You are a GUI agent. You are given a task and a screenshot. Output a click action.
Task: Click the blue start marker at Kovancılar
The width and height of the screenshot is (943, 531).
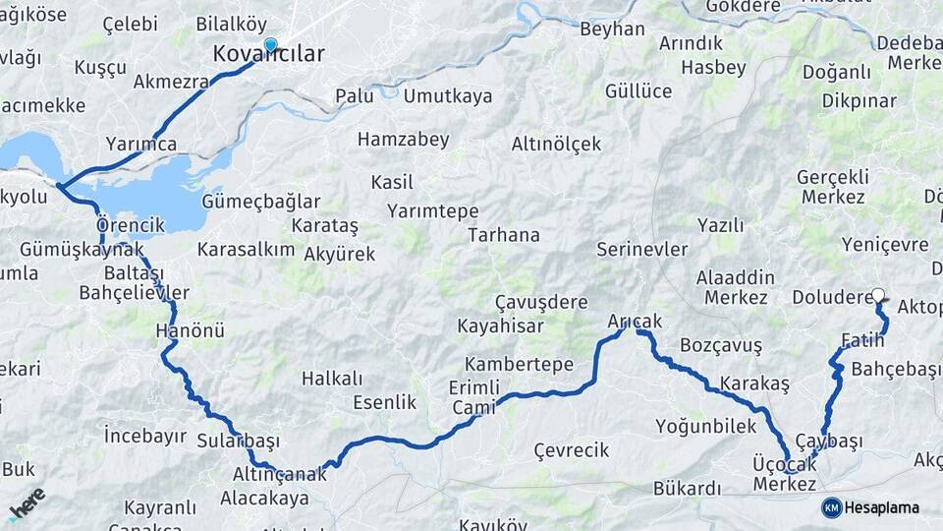pyautogui.click(x=270, y=44)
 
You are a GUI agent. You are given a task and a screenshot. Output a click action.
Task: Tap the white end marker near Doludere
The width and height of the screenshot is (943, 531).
pyautogui.click(x=878, y=294)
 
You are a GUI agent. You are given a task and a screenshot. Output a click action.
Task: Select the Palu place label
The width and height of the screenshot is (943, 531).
pyautogui.click(x=355, y=96)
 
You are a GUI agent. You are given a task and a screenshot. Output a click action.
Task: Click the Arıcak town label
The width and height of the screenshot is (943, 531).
pyautogui.click(x=635, y=322)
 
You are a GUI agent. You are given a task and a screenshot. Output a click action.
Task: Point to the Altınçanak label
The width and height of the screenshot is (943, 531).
pyautogui.click(x=278, y=473)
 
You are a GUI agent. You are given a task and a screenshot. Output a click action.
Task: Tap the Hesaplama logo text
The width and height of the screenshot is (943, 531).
pyautogui.click(x=882, y=507)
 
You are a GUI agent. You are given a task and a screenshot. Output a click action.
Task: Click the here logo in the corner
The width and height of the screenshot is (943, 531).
pyautogui.click(x=27, y=503)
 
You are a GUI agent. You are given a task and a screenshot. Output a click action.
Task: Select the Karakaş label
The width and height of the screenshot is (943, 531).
pyautogui.click(x=754, y=383)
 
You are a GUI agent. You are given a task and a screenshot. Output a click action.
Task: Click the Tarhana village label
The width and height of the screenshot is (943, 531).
pyautogui.click(x=504, y=235)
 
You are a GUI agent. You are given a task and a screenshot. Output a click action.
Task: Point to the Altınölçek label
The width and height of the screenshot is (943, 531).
pyautogui.click(x=556, y=144)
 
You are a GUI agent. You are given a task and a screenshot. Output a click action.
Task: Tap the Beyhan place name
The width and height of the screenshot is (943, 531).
pyautogui.click(x=612, y=29)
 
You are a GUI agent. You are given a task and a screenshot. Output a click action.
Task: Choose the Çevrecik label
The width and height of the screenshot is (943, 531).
pyautogui.click(x=572, y=450)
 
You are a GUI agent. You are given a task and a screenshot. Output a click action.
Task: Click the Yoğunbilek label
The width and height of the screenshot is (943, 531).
pyautogui.click(x=706, y=426)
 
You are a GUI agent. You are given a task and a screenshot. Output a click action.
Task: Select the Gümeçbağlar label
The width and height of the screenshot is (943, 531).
pyautogui.click(x=260, y=202)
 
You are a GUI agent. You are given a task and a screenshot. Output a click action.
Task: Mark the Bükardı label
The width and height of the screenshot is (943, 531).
pyautogui.click(x=687, y=489)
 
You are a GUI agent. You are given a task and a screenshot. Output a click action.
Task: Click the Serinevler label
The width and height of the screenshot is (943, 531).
pyautogui.click(x=642, y=250)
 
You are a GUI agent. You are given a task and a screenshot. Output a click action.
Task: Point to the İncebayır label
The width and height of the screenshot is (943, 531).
pyautogui.click(x=145, y=434)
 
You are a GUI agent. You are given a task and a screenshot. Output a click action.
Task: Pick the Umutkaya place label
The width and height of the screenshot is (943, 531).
pyautogui.click(x=448, y=96)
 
